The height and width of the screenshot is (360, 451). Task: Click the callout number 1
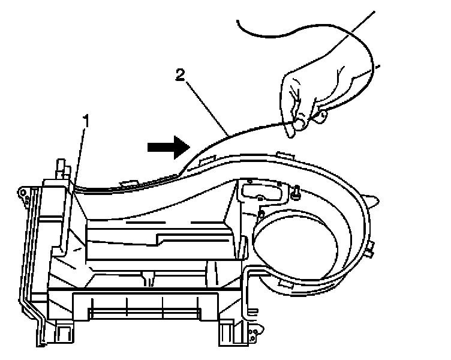[x=86, y=121]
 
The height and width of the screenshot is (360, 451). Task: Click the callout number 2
[x=179, y=75]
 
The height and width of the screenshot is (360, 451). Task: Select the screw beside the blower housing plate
[x=296, y=191]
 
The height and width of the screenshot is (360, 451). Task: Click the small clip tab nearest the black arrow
[x=204, y=158]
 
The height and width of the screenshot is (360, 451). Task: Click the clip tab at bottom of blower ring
[x=284, y=284]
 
